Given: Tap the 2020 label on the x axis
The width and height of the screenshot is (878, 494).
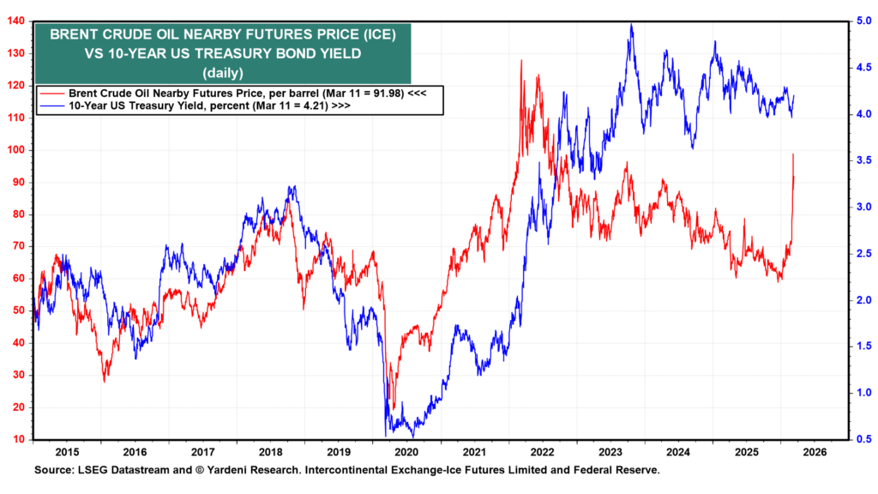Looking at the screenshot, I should click(405, 451).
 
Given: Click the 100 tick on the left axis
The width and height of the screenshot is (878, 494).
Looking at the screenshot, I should click(16, 150).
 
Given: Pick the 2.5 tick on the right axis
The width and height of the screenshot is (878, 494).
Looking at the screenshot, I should click(859, 253).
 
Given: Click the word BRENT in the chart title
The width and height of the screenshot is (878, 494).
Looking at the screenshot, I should click(75, 35).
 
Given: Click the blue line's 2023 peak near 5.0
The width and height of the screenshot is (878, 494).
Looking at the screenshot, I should click(632, 25).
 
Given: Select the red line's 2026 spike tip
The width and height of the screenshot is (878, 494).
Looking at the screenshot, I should click(793, 154).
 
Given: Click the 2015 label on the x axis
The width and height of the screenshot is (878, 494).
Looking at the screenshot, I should click(67, 451).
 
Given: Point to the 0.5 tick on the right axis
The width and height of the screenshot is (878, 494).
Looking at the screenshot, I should click(859, 439).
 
